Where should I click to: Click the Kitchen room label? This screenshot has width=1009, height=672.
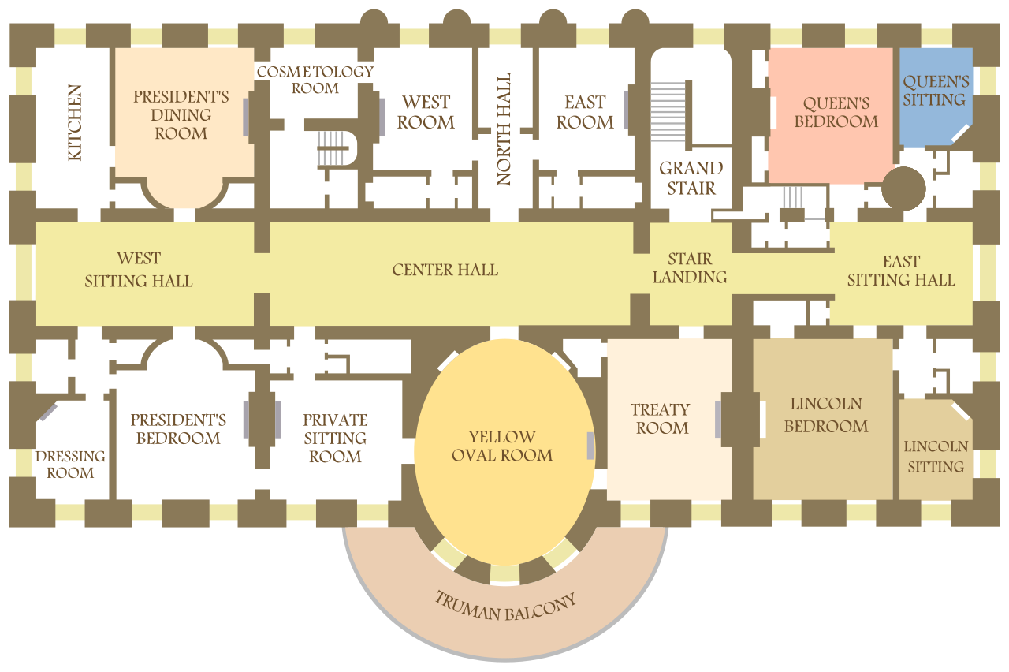(x=75, y=123)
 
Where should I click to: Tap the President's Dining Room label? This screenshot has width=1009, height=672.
(x=181, y=115)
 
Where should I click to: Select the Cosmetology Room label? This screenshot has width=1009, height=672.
(x=315, y=80)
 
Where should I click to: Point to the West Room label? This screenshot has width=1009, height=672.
(x=426, y=112)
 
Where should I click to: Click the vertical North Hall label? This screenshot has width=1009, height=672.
(x=504, y=129)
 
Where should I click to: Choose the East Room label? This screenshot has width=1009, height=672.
(x=585, y=112)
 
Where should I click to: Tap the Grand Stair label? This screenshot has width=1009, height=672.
(x=691, y=177)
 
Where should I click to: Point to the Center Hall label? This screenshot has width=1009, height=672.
(x=445, y=270)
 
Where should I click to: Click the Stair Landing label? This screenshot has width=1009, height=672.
(x=690, y=268)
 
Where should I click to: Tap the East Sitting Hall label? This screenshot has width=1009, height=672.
(x=901, y=271)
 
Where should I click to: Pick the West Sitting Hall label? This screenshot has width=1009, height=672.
(x=139, y=270)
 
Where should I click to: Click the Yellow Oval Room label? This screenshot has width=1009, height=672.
(x=502, y=446)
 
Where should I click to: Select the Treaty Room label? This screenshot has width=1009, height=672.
(x=661, y=419)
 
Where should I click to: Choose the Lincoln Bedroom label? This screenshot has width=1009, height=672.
(x=826, y=415)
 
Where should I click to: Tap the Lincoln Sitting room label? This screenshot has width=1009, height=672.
(x=936, y=456)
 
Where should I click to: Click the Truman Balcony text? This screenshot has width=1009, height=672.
(x=505, y=606)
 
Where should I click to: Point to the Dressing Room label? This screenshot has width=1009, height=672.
(x=70, y=464)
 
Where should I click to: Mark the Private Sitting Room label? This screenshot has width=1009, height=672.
(x=335, y=438)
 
